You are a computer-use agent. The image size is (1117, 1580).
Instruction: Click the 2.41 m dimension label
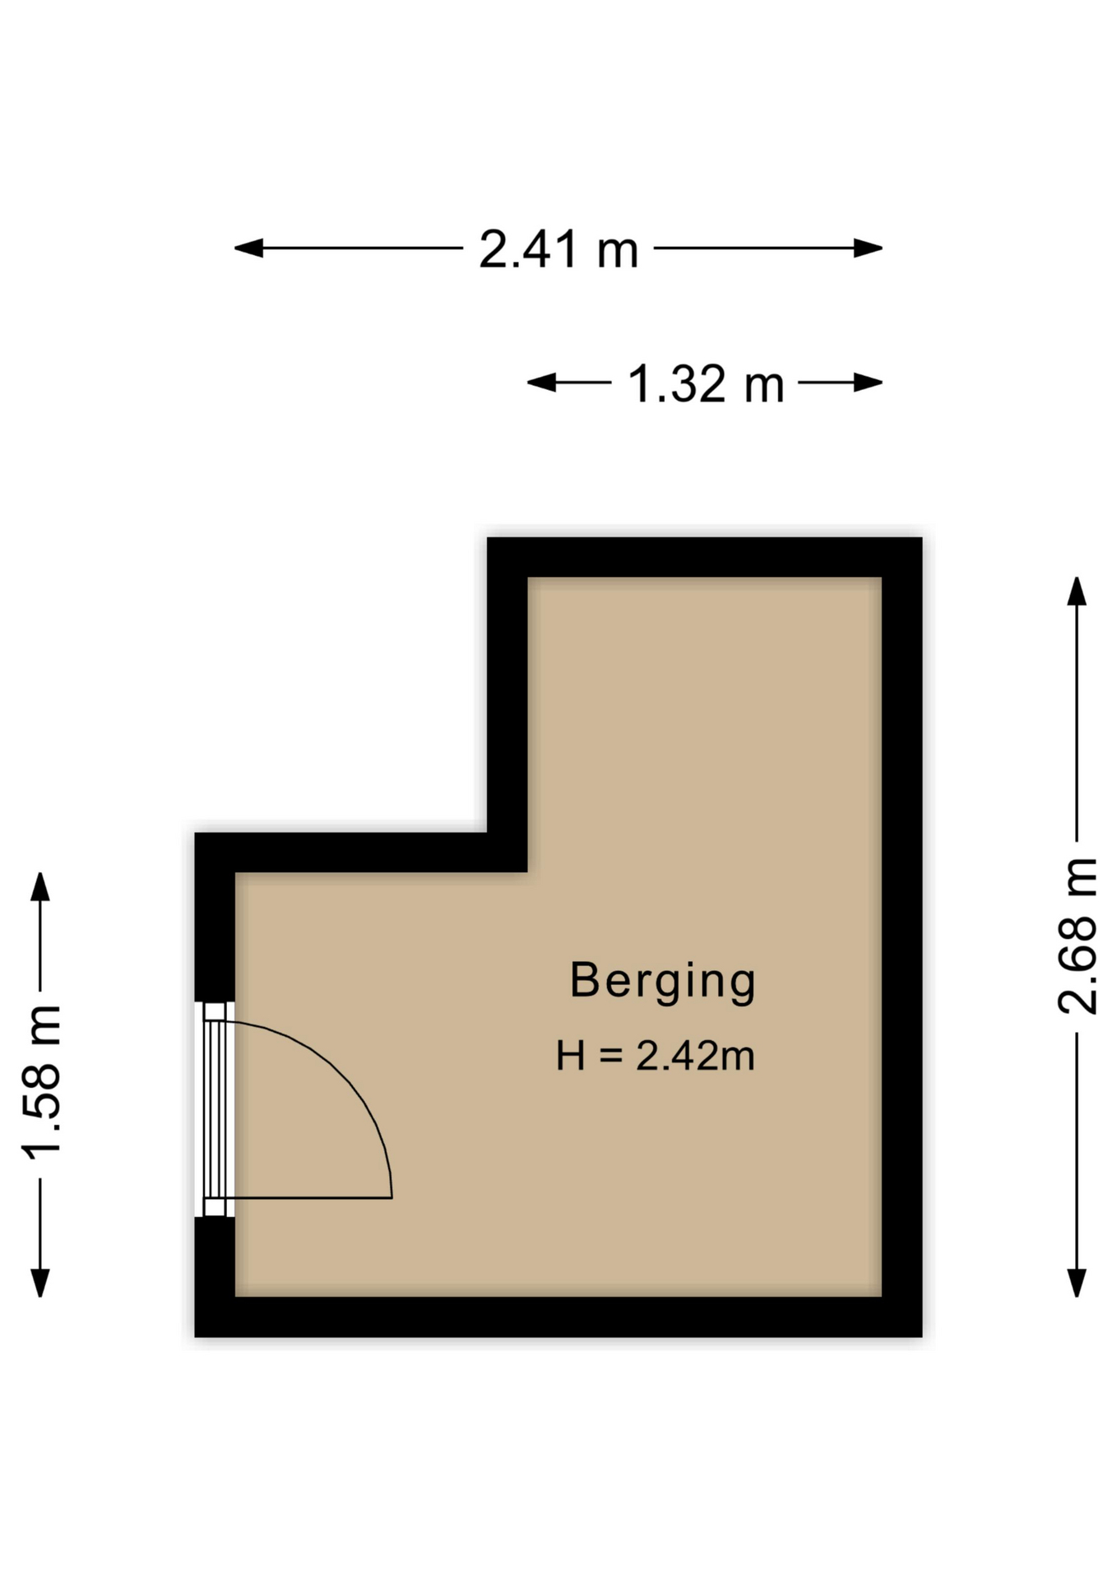click(558, 249)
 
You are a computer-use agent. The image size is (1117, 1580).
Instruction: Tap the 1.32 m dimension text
click(706, 384)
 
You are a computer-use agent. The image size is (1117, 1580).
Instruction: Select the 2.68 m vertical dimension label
click(1078, 936)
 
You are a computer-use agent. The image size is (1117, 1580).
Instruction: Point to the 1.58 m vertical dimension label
click(41, 1082)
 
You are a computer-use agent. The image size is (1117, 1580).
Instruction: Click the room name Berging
click(663, 982)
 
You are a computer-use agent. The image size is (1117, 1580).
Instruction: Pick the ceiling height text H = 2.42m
click(656, 1056)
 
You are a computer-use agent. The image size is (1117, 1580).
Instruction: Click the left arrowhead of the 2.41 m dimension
click(248, 248)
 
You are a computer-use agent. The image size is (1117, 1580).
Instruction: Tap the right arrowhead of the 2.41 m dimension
click(869, 248)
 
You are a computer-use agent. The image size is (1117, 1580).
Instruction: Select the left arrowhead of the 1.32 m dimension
click(541, 383)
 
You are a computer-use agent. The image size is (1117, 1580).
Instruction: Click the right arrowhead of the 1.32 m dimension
click(869, 383)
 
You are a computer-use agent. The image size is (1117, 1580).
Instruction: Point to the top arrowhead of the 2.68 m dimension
click(1077, 591)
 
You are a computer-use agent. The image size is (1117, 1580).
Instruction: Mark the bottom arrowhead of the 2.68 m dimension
click(1077, 1283)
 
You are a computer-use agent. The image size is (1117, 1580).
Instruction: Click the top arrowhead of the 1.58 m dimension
click(40, 886)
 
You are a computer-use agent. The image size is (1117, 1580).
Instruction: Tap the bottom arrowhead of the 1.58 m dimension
click(40, 1283)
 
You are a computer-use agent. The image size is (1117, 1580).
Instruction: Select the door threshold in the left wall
click(215, 1109)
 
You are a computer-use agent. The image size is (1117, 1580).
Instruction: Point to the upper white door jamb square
click(215, 1011)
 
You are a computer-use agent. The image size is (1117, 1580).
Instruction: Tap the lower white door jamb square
click(215, 1206)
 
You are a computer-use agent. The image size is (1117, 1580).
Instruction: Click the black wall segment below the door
click(215, 1257)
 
